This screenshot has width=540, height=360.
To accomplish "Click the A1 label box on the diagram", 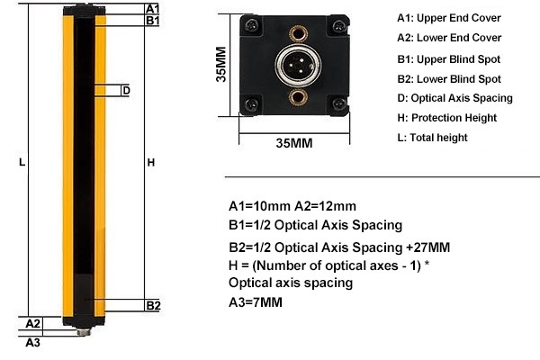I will (153, 8).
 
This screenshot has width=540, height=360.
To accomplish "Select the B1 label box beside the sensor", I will (153, 20).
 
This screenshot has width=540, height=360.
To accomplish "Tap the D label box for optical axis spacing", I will (126, 90).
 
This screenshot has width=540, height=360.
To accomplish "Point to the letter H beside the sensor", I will (151, 163).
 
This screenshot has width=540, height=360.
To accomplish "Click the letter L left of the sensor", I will (22, 163).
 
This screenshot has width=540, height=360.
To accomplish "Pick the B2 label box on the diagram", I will (153, 305).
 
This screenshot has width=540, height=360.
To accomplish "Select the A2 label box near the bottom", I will (32, 322).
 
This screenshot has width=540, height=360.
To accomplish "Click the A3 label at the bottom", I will (32, 342).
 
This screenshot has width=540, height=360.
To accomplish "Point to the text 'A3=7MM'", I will (256, 302).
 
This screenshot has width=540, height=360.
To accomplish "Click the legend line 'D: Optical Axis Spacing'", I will (454, 97).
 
